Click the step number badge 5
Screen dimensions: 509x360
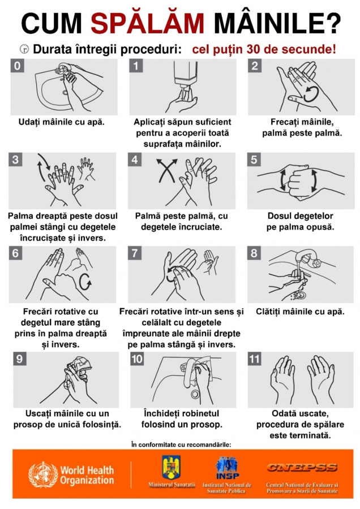[255, 160]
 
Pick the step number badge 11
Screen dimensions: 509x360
[256, 359]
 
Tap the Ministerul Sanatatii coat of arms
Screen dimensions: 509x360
[171, 467]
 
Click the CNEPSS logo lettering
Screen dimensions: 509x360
[302, 468]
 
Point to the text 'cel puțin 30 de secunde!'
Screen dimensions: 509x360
[264, 49]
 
